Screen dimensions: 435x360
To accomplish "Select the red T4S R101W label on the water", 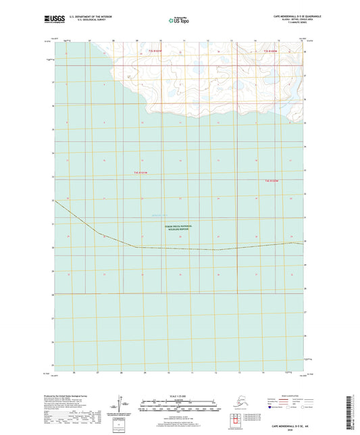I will (140, 174).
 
